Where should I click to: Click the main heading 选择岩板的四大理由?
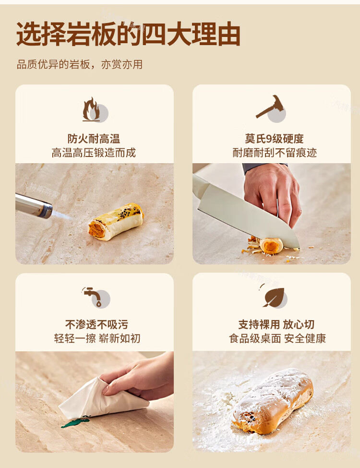point(128,34)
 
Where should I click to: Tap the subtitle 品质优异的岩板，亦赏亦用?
point(79,64)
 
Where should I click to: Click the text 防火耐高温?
point(94,139)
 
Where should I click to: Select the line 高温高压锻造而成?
point(94,153)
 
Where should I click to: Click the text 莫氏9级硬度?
point(275,139)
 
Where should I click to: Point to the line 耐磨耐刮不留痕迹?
point(275,153)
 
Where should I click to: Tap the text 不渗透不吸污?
point(96,324)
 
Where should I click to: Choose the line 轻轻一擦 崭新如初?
point(97,338)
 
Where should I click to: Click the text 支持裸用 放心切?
point(276,324)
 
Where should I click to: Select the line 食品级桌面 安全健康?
point(277,338)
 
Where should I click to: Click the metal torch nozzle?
point(34,205)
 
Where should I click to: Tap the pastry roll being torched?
point(116,221)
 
